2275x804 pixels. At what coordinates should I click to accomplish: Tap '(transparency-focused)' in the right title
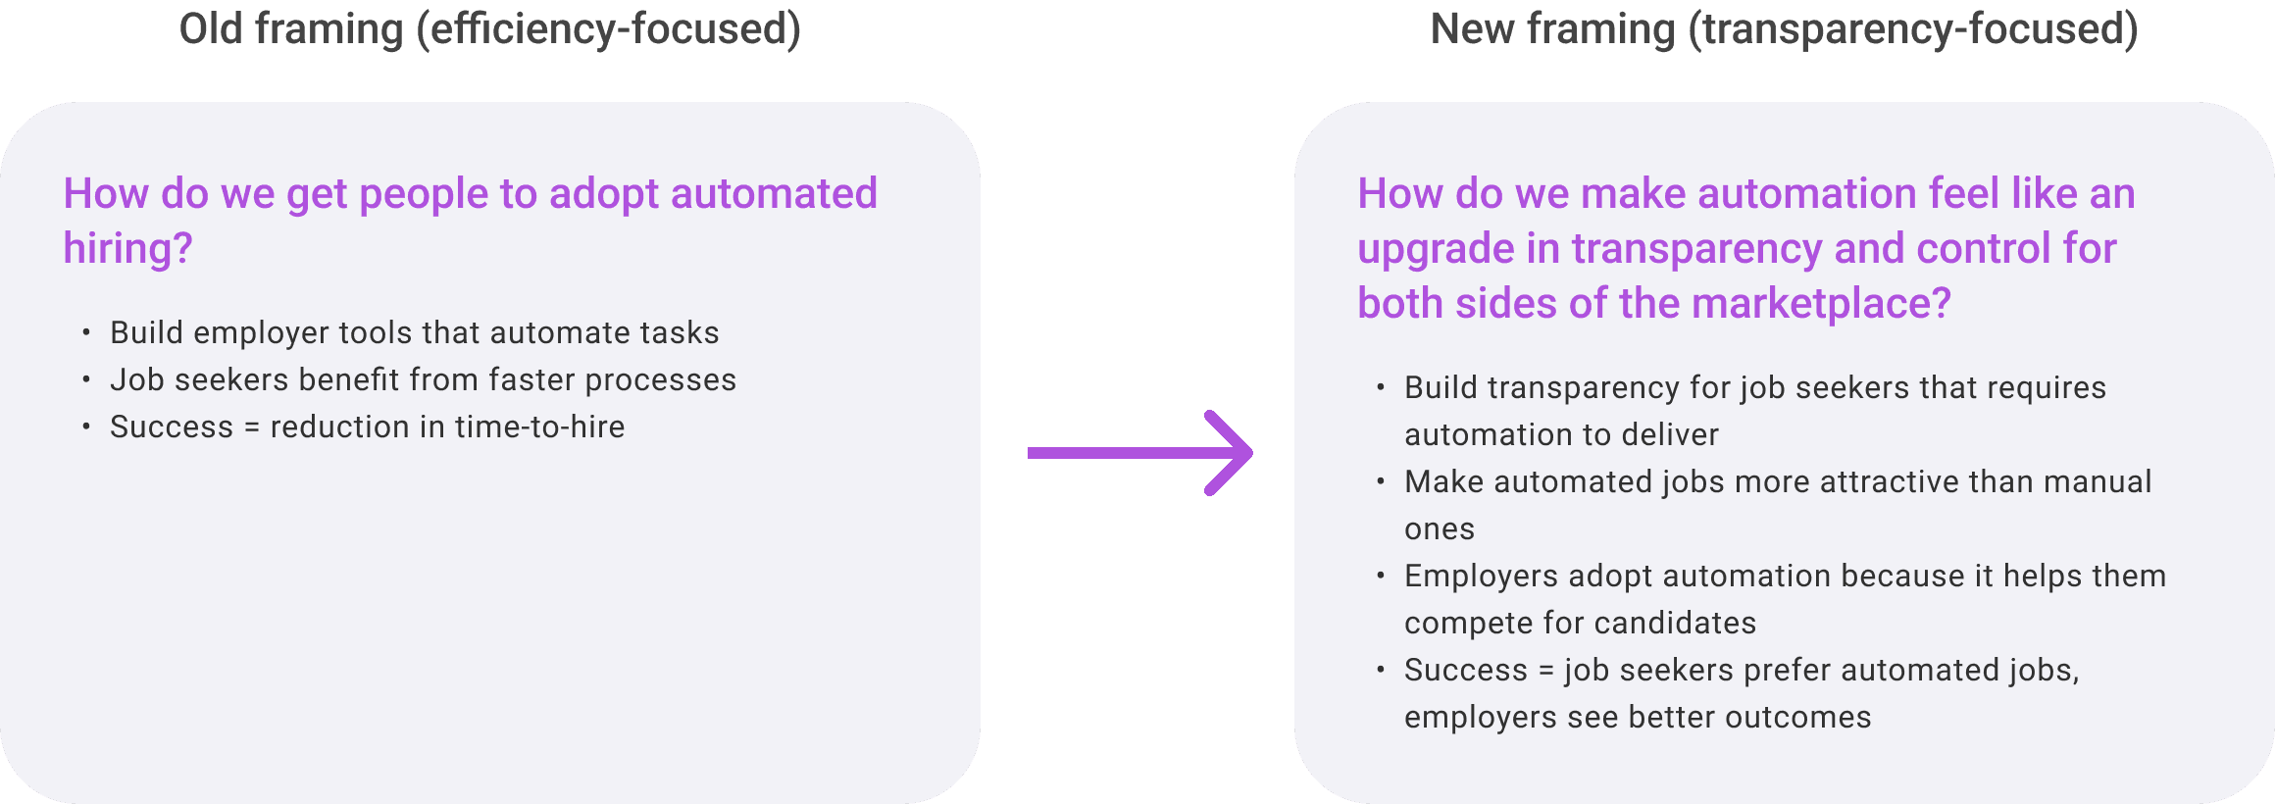1912,29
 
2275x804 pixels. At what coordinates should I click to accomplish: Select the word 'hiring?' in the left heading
127,249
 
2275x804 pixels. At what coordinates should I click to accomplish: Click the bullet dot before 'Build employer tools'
86,332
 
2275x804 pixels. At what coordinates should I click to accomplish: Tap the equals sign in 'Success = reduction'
252,427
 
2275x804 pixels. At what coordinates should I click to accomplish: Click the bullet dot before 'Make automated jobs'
1381,481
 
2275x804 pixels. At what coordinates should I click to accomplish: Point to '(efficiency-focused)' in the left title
608,29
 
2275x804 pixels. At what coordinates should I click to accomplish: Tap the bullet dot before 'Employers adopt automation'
1381,576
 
